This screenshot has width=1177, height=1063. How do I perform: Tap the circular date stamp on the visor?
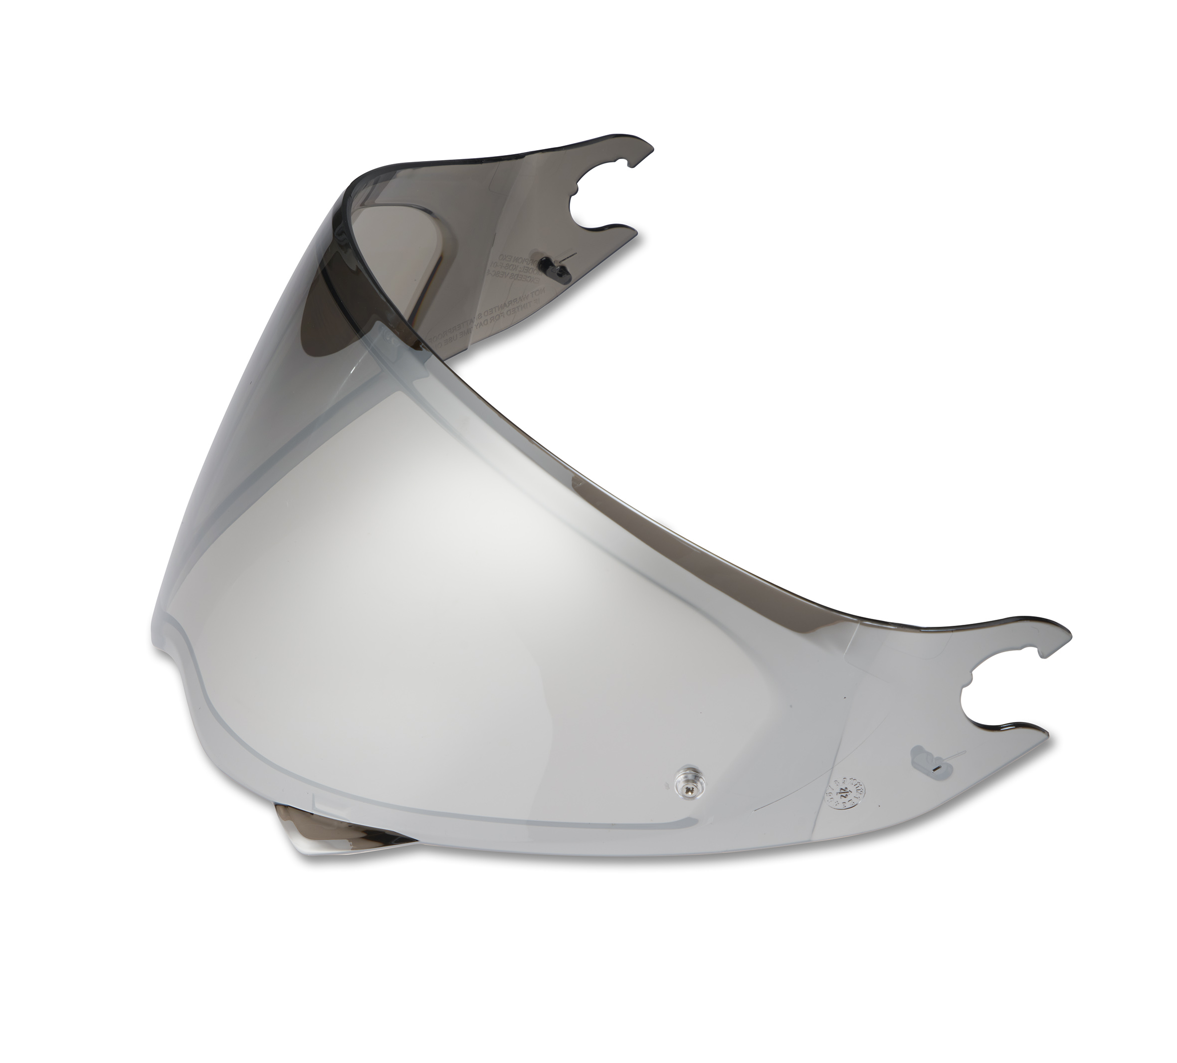pyautogui.click(x=845, y=795)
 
